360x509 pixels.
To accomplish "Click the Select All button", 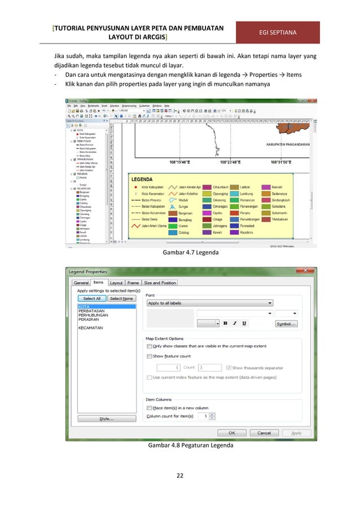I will (92, 299).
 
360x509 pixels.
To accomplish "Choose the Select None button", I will (121, 299).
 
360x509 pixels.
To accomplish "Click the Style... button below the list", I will (107, 419).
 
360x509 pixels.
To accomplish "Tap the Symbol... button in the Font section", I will (286, 323).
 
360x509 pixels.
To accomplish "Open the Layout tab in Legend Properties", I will (116, 282).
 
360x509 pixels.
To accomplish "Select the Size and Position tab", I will (160, 282).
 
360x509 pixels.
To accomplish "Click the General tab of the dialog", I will (81, 282).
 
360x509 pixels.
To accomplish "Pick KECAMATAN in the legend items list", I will (91, 327).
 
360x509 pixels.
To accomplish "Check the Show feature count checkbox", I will (149, 356).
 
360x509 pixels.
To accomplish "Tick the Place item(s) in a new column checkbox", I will (149, 407).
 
